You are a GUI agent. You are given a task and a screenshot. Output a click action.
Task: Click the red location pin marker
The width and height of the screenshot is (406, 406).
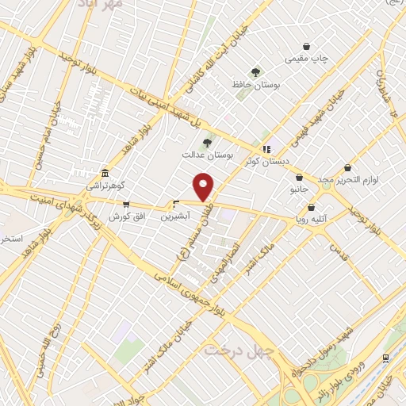[204, 187]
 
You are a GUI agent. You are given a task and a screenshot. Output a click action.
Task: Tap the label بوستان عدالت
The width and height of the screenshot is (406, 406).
[237, 156]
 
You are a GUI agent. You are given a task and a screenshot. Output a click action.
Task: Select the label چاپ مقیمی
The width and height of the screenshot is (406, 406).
[307, 59]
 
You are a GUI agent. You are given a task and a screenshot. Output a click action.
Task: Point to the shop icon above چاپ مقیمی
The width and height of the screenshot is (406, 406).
[306, 46]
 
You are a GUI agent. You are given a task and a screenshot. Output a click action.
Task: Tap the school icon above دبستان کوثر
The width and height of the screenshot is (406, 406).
[266, 148]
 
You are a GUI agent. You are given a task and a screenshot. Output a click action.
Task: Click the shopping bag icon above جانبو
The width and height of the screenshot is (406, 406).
[299, 177]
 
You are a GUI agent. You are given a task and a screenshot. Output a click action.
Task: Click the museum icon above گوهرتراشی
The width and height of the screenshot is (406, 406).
[105, 174]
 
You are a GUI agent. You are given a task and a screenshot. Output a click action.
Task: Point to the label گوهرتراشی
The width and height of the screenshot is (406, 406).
[106, 186]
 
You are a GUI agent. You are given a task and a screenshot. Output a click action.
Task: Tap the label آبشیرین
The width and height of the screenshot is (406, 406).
[175, 216]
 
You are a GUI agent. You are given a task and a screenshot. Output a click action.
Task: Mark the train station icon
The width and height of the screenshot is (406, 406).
[385, 358]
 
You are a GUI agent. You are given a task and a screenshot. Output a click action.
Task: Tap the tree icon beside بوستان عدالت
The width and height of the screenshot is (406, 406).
[208, 144]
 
